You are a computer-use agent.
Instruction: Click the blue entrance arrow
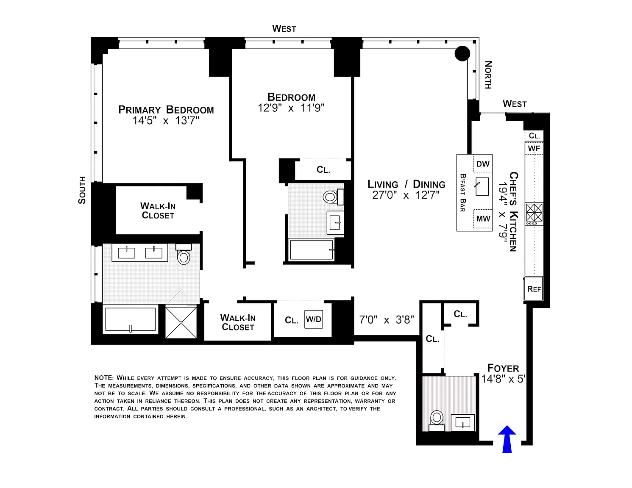tap(507, 440)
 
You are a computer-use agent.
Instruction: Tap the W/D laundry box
tap(314, 319)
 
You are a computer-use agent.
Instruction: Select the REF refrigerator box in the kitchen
tap(534, 289)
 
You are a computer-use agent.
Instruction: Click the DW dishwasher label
tap(483, 164)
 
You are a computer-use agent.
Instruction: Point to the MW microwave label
tap(483, 219)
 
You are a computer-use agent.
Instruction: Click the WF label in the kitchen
tap(534, 149)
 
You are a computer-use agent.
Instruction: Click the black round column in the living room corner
tap(462, 54)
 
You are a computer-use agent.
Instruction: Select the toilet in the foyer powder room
tap(437, 419)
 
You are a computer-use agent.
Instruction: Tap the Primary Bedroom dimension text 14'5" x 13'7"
tap(166, 121)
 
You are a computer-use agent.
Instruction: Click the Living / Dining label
tap(406, 184)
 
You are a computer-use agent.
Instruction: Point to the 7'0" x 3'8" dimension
tap(386, 320)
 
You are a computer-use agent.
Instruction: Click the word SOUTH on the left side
tap(82, 190)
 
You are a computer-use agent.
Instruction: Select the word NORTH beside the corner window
tap(488, 75)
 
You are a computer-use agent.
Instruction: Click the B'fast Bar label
tap(463, 193)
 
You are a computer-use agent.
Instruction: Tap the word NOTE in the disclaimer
tap(104, 378)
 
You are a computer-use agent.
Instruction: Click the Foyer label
tap(503, 368)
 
